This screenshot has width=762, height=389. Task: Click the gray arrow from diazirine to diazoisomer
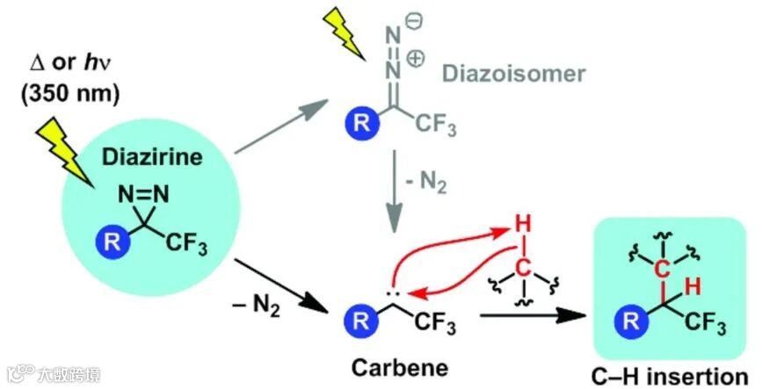coord(279,128)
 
